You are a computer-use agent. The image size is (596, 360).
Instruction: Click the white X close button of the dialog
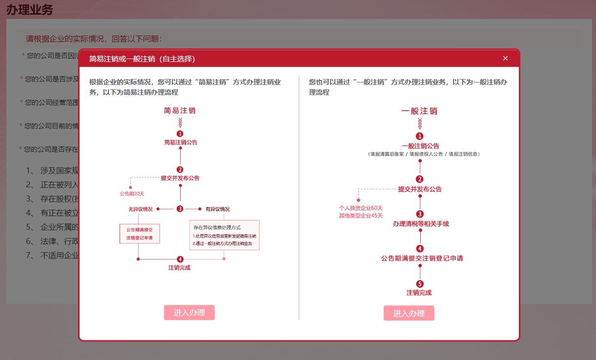505,59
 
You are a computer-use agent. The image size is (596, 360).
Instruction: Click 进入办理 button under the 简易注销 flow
189,313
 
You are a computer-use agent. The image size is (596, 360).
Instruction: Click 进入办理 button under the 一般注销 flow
409,313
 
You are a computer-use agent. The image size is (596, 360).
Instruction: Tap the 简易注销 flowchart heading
180,111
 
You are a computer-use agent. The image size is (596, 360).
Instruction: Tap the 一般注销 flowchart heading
419,111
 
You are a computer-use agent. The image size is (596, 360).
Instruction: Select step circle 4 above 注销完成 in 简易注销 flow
180,259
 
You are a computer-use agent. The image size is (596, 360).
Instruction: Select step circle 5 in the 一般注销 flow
420,284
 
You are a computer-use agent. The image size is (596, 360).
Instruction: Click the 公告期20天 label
132,194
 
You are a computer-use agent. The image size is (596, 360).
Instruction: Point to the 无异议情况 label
141,209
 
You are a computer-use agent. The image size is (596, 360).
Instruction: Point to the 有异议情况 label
217,209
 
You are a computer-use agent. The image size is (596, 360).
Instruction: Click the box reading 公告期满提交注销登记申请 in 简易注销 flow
140,234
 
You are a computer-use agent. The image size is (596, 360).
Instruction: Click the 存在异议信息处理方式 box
225,235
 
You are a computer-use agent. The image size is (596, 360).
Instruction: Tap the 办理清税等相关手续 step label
420,224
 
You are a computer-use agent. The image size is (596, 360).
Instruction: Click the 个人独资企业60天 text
361,208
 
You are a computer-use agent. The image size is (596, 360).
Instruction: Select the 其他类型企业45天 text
361,216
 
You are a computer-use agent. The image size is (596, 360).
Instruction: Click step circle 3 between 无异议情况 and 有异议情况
180,209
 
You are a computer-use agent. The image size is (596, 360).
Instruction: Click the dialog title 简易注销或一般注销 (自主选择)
142,59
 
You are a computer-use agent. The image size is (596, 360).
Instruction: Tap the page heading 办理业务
29,9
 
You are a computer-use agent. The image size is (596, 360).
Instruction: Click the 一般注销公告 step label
420,146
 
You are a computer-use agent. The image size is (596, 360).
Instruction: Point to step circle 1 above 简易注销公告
180,133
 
